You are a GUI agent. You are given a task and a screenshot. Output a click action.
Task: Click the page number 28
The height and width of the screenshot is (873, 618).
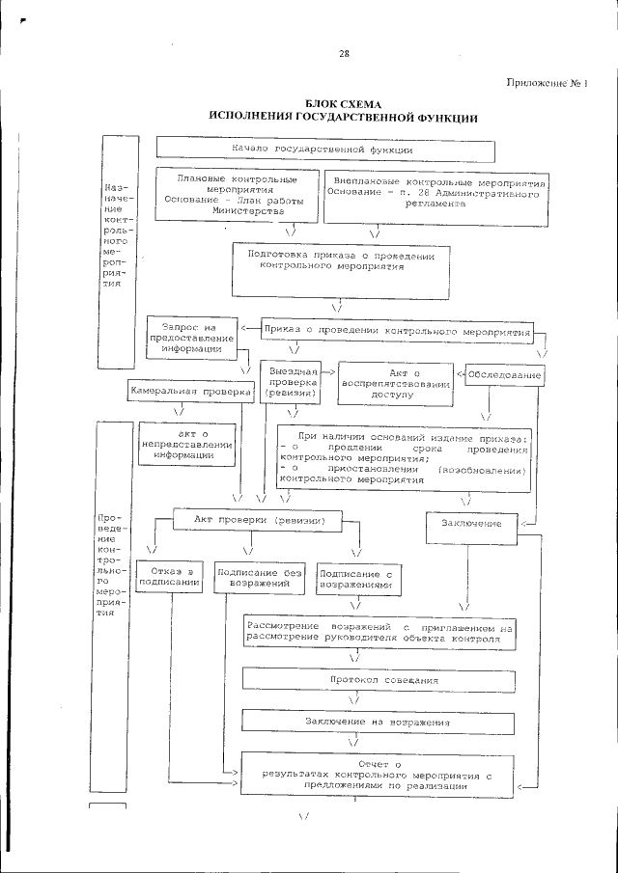pos(343,54)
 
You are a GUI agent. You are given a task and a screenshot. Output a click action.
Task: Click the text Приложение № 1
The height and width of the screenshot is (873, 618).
pos(547,83)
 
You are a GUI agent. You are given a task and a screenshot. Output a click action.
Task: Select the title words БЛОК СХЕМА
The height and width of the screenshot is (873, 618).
pos(344,103)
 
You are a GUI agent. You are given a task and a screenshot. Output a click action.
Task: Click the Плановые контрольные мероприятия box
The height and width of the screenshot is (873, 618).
pos(238,194)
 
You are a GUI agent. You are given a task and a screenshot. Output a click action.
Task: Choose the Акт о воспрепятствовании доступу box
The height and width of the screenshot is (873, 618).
pos(397,383)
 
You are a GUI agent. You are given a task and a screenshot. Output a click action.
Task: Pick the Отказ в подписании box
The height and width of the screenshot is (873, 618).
pos(168,577)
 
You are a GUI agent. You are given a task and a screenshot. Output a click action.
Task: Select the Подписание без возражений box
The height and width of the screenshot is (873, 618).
pos(255,577)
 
